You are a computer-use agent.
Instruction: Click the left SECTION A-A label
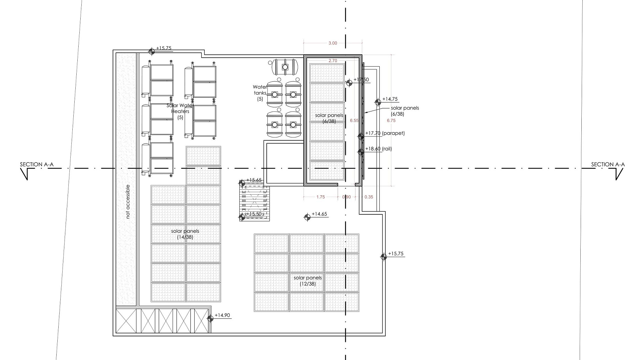(37, 164)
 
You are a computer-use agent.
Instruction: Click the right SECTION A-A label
(608, 164)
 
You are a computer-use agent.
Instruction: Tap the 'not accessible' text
(128, 202)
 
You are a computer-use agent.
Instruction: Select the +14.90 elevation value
(222, 315)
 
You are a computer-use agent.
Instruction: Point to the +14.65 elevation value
(319, 214)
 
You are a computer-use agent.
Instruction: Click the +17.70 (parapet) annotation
(385, 133)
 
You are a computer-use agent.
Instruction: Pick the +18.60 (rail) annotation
(379, 149)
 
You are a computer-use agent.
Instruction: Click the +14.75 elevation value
(390, 99)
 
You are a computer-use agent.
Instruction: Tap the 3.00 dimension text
(333, 43)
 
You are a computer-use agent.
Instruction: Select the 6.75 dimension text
(391, 121)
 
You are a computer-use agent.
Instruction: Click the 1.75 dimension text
(320, 197)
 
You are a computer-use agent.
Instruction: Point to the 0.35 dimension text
(369, 197)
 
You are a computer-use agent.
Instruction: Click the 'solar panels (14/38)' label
(185, 234)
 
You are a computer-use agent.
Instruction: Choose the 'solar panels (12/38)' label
(308, 281)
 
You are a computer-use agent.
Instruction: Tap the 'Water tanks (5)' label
(260, 93)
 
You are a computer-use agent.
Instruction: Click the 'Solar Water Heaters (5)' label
(180, 111)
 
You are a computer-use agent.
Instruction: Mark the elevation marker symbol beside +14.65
(307, 217)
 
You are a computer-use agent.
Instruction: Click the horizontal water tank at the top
(285, 67)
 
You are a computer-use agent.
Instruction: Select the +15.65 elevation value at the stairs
(254, 180)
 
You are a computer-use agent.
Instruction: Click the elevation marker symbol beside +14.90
(210, 319)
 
